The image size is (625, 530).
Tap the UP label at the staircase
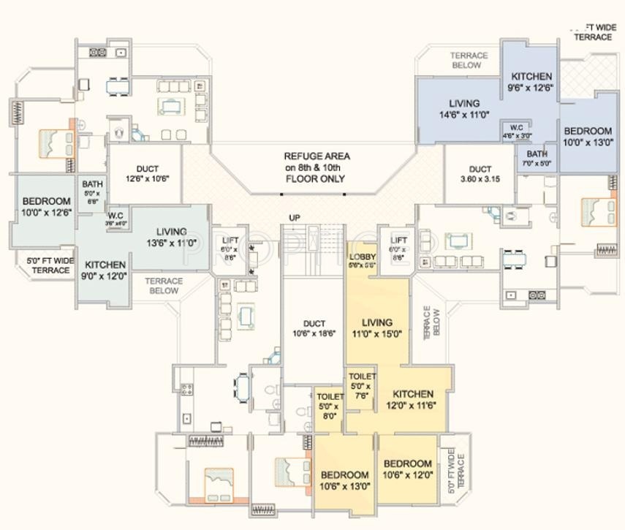(295, 218)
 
